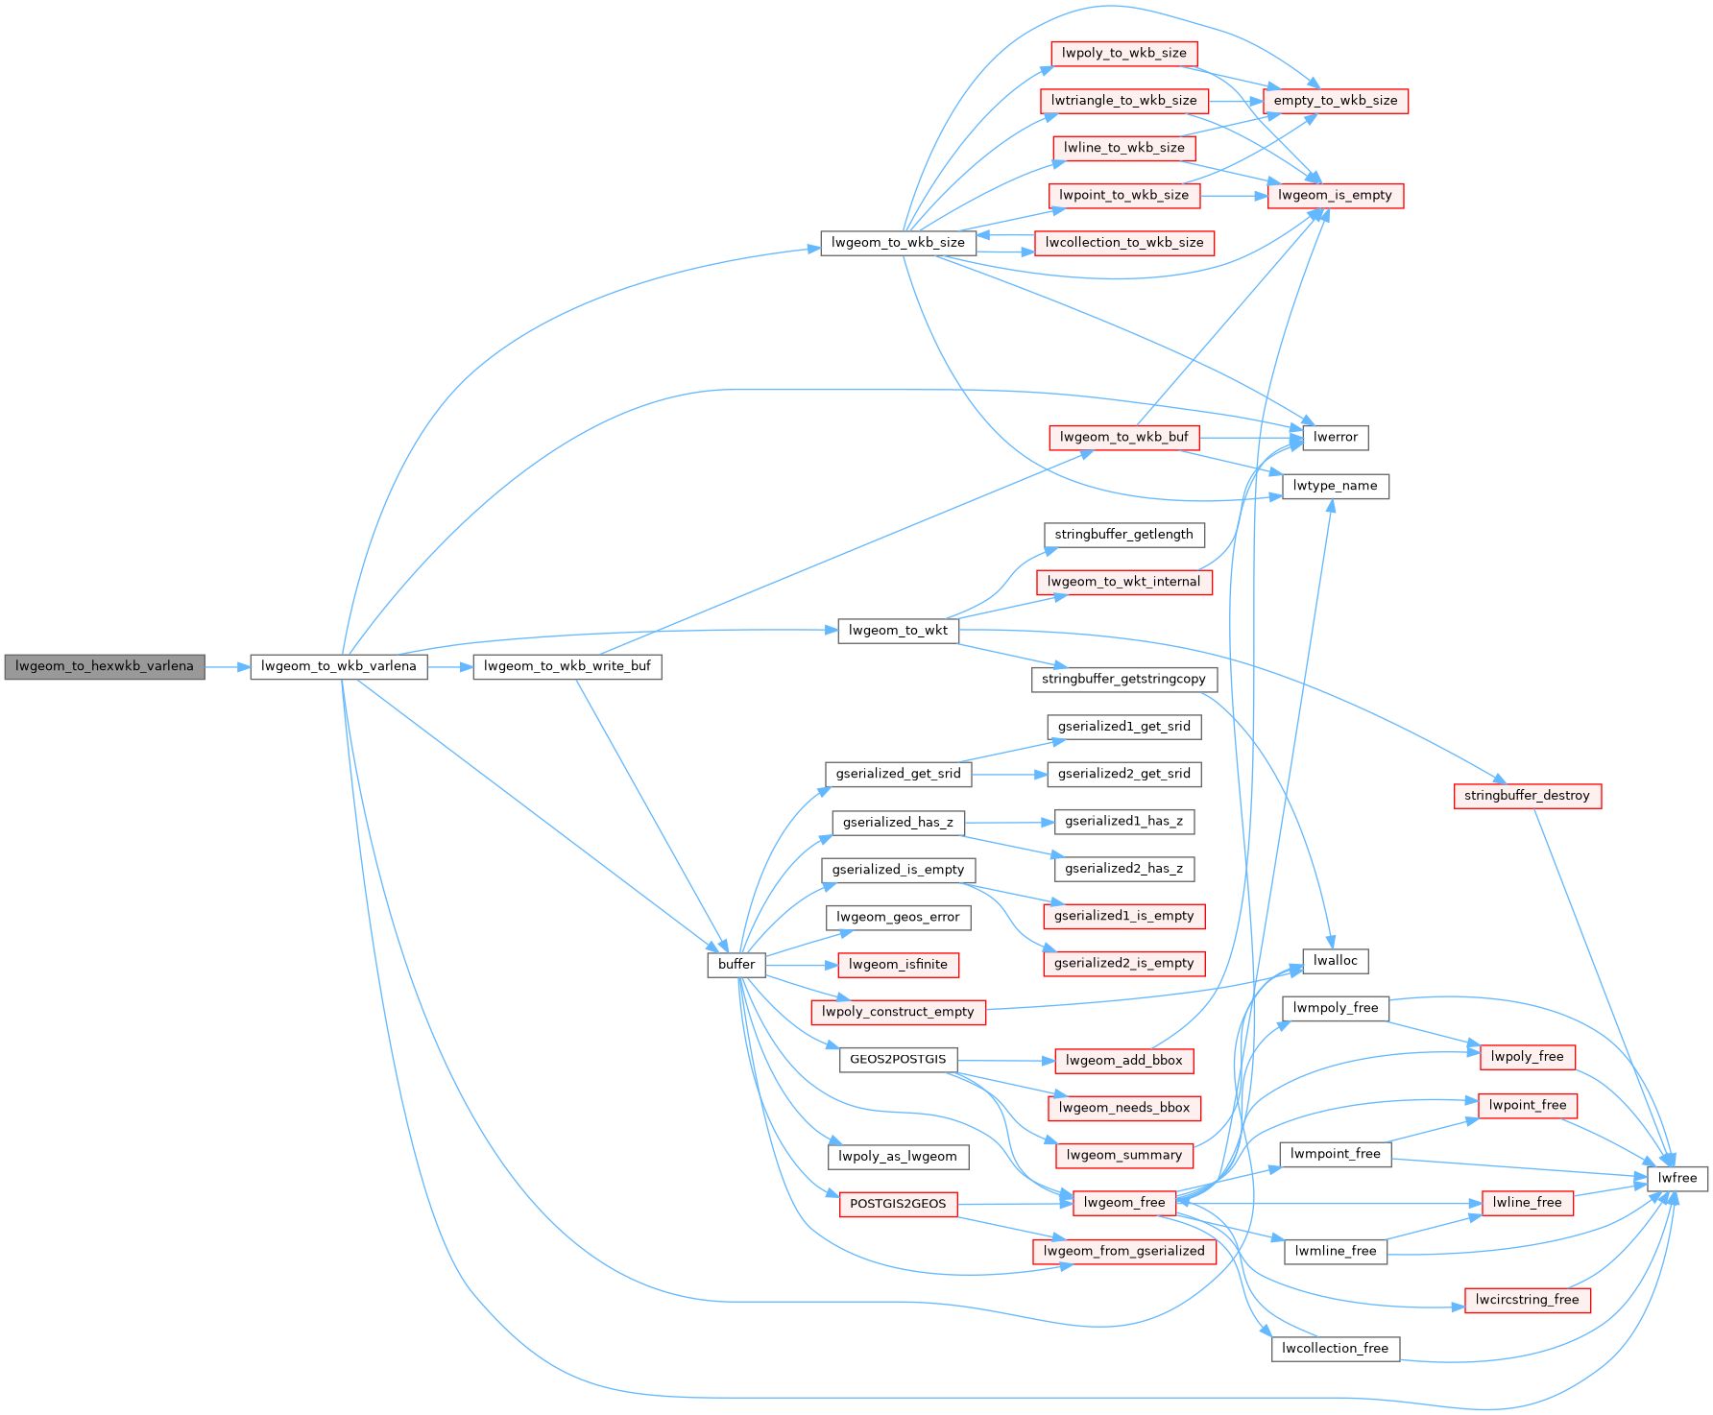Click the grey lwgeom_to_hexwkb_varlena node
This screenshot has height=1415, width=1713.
[x=105, y=666]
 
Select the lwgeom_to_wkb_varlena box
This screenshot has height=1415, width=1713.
[x=338, y=666]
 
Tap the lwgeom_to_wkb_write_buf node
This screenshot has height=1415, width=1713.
[x=567, y=666]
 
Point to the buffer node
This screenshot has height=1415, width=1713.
[x=736, y=964]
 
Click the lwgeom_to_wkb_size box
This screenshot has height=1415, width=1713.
[x=898, y=243]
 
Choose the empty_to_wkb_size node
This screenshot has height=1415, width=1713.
[x=1335, y=101]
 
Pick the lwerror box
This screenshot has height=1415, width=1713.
[x=1335, y=438]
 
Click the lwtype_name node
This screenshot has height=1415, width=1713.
[x=1335, y=486]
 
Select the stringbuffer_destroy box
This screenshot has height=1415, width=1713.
[x=1527, y=796]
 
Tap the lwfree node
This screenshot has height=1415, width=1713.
[x=1677, y=1178]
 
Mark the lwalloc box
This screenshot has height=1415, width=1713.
[x=1335, y=961]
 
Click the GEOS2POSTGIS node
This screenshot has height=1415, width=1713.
[x=898, y=1060]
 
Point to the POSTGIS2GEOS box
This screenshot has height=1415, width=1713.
[x=898, y=1204]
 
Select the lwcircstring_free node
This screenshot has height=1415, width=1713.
[x=1527, y=1300]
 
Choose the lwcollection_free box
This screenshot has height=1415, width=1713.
[x=1335, y=1348]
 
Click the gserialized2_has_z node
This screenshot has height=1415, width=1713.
[x=1123, y=869]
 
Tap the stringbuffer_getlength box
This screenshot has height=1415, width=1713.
[x=1123, y=535]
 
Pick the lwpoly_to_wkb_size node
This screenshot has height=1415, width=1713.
[x=1123, y=53]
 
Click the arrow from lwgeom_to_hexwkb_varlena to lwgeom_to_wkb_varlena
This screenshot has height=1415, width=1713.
[x=228, y=666]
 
